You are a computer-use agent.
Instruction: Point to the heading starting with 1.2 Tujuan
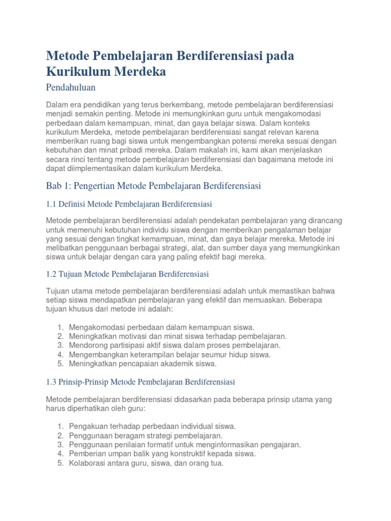click(x=127, y=274)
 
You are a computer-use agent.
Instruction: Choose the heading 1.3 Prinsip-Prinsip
click(x=140, y=382)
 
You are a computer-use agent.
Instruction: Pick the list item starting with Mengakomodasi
click(x=161, y=327)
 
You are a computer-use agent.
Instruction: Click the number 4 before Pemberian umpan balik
click(x=60, y=453)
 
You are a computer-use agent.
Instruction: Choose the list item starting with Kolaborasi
click(x=146, y=462)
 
